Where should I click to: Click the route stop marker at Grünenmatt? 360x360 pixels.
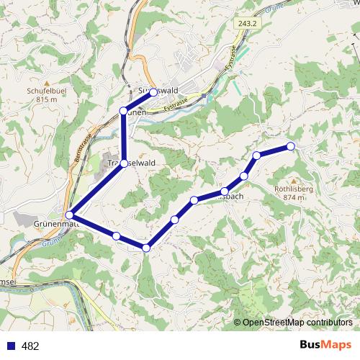coord(70,215)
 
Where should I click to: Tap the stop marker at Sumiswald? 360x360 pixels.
coord(153,92)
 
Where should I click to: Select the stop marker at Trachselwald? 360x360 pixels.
coord(124,163)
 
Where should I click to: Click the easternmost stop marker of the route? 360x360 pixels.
coord(291,146)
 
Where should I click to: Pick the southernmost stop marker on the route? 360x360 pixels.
coord(146,248)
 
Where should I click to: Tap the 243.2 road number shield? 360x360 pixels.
coord(246,24)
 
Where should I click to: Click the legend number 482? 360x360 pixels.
coord(30,346)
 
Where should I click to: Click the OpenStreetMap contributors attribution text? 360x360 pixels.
coord(297,323)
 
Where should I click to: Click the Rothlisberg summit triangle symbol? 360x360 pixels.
coord(293,180)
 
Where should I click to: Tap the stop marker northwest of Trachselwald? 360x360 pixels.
coord(123,110)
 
